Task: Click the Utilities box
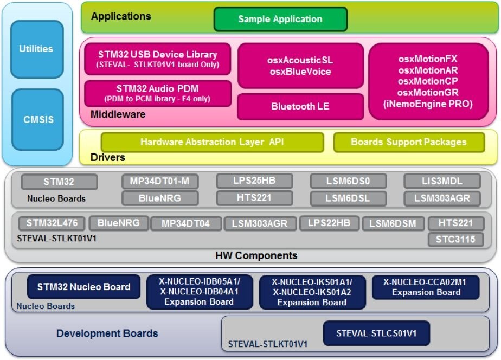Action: (36, 49)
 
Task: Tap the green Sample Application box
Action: (280, 19)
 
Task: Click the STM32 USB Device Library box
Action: (157, 59)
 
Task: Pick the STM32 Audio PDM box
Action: (157, 93)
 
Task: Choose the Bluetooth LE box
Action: (300, 106)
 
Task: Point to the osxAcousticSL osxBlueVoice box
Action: (300, 66)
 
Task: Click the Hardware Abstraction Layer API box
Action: (212, 142)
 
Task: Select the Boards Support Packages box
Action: (409, 142)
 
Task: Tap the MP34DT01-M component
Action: (160, 182)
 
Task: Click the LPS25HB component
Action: (254, 181)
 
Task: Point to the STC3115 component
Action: (455, 239)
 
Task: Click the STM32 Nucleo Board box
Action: (83, 287)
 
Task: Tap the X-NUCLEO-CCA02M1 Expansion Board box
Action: (426, 287)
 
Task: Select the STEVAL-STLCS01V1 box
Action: (376, 333)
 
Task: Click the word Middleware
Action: (118, 114)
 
